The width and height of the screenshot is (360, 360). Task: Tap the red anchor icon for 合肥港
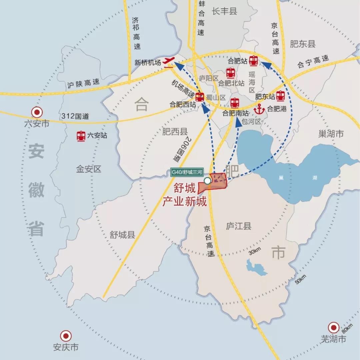259,109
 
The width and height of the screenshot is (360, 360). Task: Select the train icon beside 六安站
81,136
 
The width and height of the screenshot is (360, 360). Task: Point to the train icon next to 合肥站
254,61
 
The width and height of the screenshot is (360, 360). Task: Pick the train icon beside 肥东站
281,96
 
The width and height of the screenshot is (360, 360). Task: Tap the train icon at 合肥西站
200,97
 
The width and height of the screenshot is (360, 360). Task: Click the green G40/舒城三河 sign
187,172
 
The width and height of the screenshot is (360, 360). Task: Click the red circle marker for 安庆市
66,336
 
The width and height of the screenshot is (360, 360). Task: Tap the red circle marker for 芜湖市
333,328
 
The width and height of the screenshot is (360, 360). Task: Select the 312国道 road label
75,117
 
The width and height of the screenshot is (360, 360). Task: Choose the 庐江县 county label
238,226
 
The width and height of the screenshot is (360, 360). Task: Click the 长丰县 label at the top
224,12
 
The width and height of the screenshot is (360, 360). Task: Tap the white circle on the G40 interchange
207,181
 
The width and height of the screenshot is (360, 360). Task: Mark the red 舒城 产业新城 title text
184,195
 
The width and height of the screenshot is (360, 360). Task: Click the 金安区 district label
89,169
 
